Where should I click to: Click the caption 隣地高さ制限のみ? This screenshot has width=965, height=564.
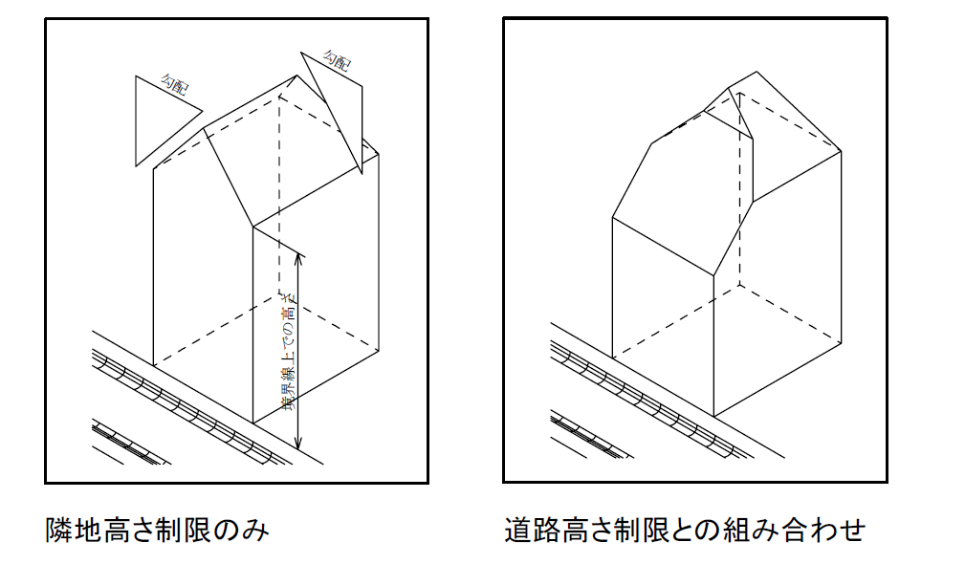click(x=158, y=529)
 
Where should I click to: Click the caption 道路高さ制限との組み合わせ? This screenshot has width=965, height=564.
click(x=685, y=529)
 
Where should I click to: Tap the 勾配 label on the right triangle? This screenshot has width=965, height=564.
click(x=336, y=62)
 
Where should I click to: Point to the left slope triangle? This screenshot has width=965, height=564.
click(x=157, y=112)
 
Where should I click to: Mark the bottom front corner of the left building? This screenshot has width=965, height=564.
click(x=252, y=423)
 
